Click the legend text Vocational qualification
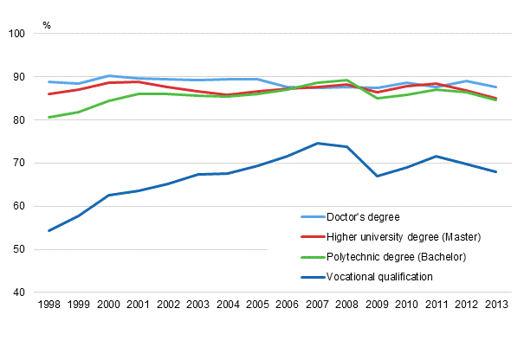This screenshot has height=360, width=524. click(x=378, y=277)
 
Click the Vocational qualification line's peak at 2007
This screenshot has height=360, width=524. click(x=318, y=144)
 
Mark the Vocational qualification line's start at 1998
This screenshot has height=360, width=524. click(x=49, y=231)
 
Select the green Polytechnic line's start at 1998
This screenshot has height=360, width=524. click(x=49, y=118)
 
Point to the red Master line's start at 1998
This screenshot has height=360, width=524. click(x=49, y=93)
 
